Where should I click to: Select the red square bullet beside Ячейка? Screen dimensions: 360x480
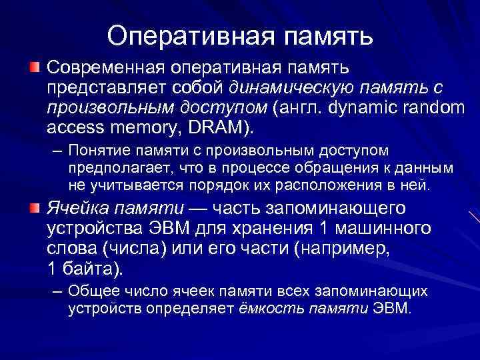pyautogui.click(x=34, y=208)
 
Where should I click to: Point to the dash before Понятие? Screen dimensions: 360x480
pyautogui.click(x=57, y=152)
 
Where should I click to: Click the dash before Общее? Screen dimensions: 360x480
pyautogui.click(x=57, y=292)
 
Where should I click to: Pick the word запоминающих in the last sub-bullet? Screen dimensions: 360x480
pyautogui.click(x=383, y=292)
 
